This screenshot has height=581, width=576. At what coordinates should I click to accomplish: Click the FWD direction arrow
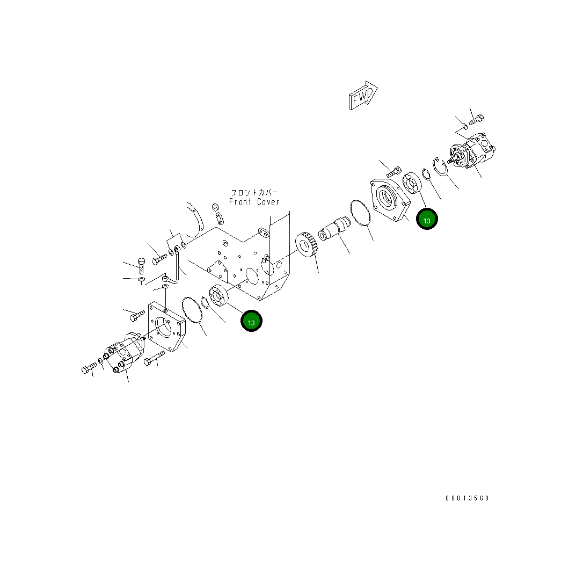(363, 96)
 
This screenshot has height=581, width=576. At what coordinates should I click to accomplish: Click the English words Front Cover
(254, 202)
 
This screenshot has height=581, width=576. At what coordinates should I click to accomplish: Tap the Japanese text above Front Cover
(254, 192)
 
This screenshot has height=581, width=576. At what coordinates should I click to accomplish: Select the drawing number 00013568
(466, 498)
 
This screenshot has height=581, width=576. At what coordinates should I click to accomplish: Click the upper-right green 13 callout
(427, 219)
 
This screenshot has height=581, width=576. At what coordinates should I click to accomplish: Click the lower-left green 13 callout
(251, 321)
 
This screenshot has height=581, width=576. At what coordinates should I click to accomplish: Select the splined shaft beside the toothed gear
(334, 231)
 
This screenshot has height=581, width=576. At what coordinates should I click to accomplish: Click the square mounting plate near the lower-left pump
(166, 328)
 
